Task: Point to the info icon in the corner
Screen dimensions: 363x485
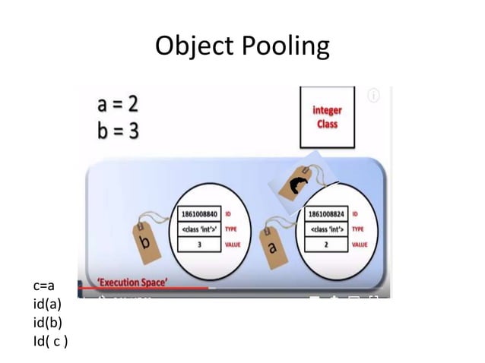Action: point(373,96)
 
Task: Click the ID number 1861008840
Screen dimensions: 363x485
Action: point(198,213)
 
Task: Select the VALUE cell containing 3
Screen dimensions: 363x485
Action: point(198,245)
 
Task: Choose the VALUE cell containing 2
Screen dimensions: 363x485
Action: point(326,245)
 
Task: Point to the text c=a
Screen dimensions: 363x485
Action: point(44,286)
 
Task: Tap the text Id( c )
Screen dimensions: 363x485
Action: point(50,340)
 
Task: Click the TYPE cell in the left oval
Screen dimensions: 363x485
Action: point(198,229)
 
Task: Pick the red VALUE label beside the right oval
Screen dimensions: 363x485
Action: point(360,245)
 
